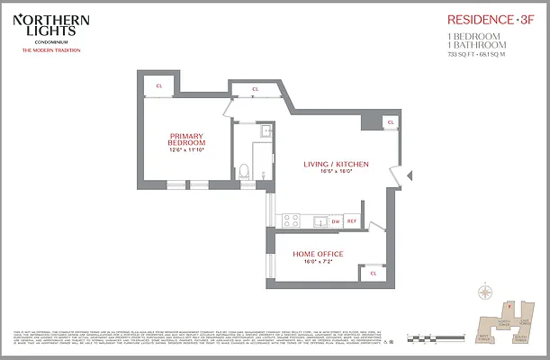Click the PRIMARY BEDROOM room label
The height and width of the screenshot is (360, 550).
coord(187,139)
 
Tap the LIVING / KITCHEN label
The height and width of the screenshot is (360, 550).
coord(335,163)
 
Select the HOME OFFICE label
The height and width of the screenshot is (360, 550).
coord(317,254)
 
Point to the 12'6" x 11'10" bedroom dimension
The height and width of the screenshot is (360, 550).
coord(187,149)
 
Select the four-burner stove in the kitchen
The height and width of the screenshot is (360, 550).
coord(291,219)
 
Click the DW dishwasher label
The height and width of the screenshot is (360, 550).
coord(334,220)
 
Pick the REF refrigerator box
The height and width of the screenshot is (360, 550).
coord(352,220)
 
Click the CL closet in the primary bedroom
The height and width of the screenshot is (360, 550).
coord(159,85)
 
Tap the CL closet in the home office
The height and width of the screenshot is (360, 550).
coord(373,273)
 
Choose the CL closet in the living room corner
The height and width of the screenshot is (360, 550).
coord(389,122)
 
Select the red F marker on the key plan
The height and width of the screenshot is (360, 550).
coord(509,306)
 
